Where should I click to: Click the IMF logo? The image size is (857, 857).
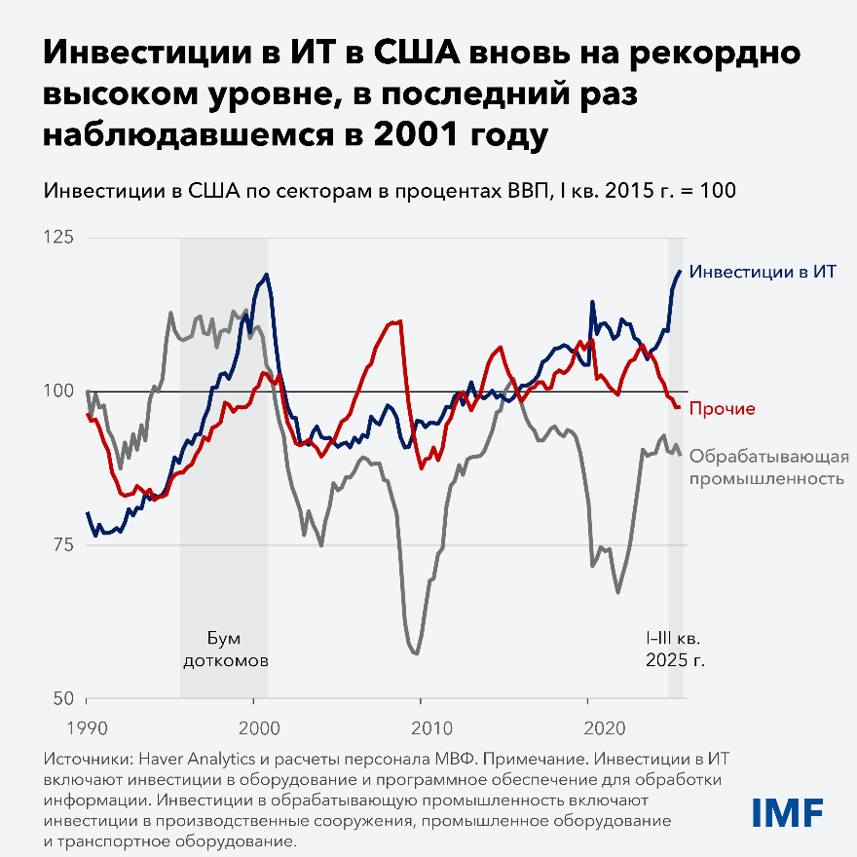(x=788, y=810)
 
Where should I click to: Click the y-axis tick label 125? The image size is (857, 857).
(x=63, y=238)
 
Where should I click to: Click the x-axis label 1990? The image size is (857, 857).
(x=87, y=727)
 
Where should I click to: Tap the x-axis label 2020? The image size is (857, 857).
(x=587, y=727)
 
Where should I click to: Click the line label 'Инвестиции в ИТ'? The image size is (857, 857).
(x=763, y=273)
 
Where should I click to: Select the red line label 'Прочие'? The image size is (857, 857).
(x=722, y=408)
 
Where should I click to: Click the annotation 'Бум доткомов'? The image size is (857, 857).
(x=225, y=649)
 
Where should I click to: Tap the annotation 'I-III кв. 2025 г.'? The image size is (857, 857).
(x=675, y=649)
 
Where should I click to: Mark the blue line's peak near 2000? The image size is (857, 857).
(x=267, y=275)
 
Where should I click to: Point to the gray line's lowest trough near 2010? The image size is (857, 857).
(x=416, y=653)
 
